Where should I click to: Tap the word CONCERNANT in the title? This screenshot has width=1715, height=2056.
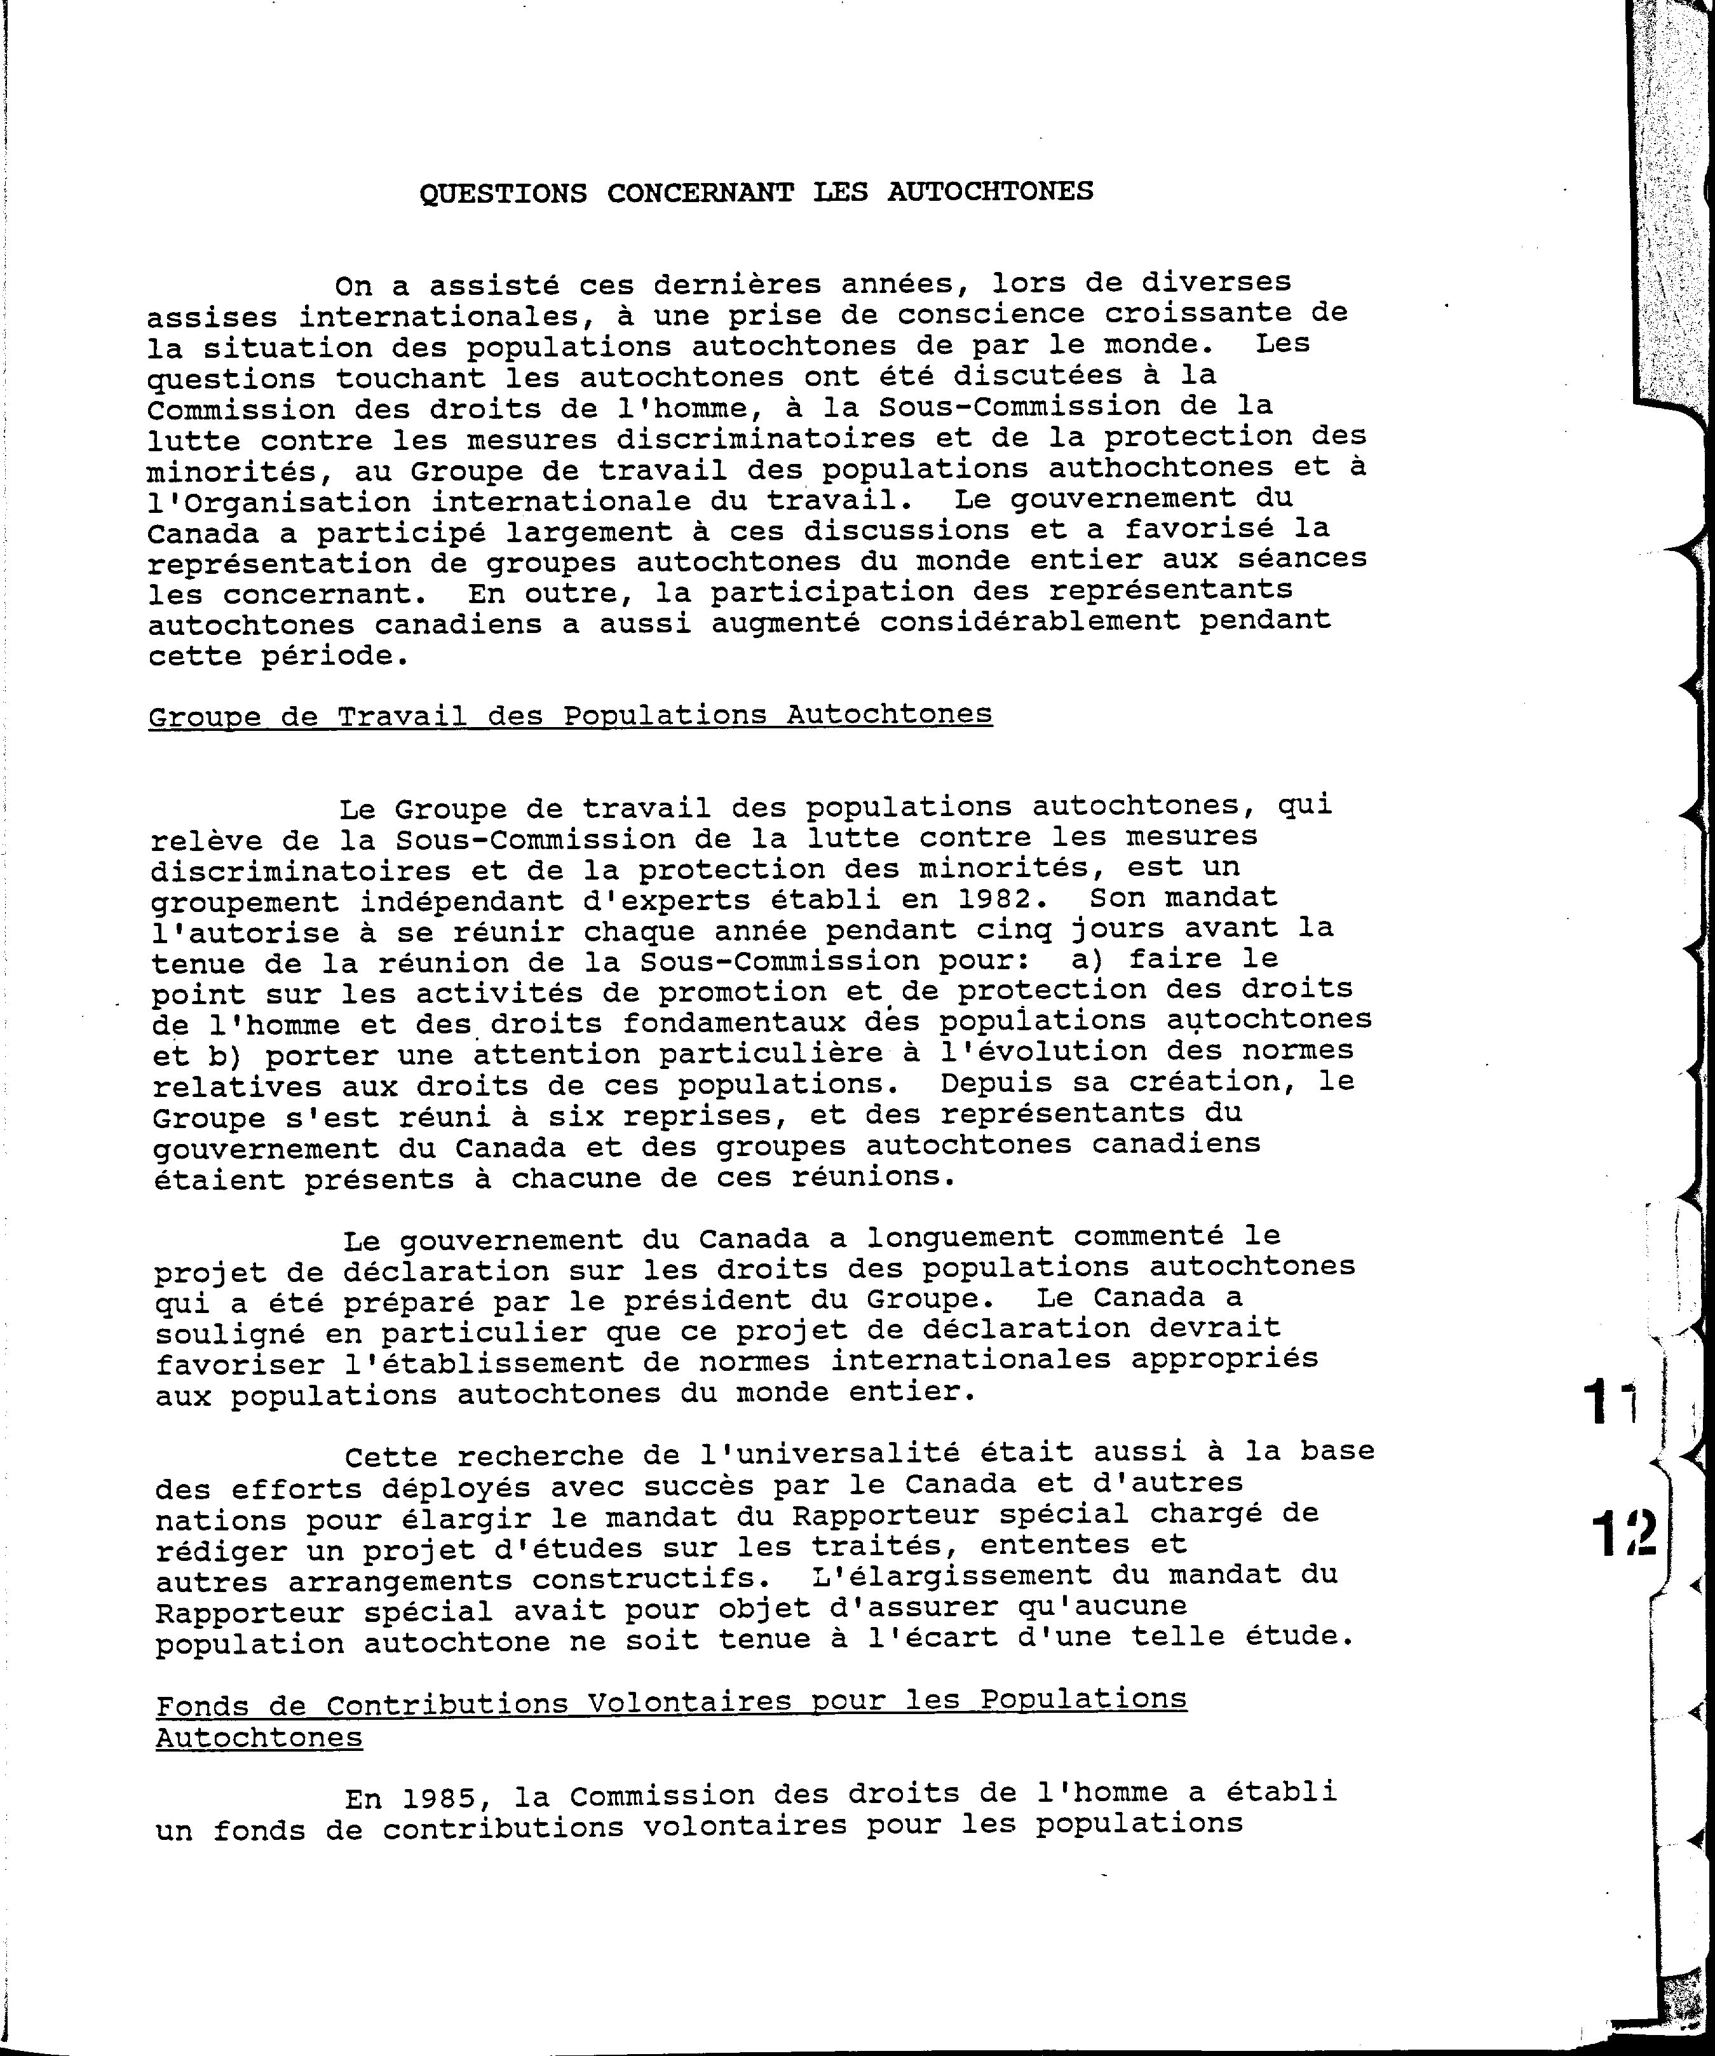coord(700,192)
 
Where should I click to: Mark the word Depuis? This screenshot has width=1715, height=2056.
coord(996,1084)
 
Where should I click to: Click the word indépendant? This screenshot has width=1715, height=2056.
coord(465,901)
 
